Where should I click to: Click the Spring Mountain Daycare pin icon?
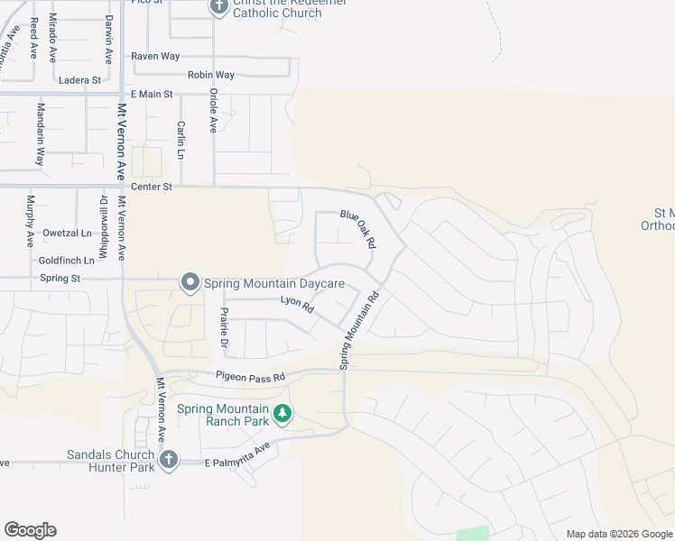[x=190, y=283]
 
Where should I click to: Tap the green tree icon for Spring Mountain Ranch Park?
[x=283, y=414]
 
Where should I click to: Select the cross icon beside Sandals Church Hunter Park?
[x=167, y=461]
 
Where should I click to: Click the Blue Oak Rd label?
[x=357, y=228]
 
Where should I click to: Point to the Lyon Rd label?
[x=296, y=305]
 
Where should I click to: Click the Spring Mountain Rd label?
[x=358, y=329]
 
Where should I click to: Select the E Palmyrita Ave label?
[x=237, y=455]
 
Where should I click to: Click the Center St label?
[x=151, y=187]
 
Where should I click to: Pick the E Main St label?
[x=151, y=94]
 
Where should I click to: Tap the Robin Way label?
[x=211, y=75]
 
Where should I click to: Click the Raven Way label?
[x=155, y=56]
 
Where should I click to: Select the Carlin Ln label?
[x=181, y=141]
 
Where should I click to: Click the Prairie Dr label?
[x=222, y=329]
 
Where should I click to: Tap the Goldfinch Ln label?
[x=67, y=260]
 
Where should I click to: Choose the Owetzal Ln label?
[x=68, y=233]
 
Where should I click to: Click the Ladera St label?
[x=79, y=80]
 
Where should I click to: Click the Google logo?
[x=30, y=530]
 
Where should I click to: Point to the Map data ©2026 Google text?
[x=618, y=534]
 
